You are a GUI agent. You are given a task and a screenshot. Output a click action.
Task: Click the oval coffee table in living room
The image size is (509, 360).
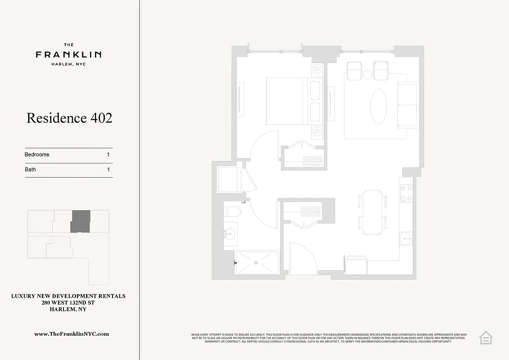point(378,106)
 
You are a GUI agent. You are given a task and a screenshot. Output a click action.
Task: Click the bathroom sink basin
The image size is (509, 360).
point(230,234)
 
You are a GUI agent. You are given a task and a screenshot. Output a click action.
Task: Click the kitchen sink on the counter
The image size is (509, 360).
point(406,238)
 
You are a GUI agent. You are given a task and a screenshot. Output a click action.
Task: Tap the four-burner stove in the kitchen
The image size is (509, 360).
point(406,193)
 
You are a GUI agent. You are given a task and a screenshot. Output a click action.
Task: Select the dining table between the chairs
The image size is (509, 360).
point(372,212)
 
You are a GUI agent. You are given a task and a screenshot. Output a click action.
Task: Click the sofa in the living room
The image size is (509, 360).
point(408,105)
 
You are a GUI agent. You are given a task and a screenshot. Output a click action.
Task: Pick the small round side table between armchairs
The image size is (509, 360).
point(368,74)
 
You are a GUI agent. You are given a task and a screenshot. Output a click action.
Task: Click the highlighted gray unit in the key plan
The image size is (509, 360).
point(81,221)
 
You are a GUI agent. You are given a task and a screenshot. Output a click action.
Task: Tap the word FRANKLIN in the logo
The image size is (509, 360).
point(68,54)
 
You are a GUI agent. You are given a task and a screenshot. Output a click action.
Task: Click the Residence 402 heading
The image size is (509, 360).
point(69,118)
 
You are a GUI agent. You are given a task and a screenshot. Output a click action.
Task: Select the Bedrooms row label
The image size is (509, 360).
point(37,154)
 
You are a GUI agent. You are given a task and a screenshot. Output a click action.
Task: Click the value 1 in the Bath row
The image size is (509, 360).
point(108,170)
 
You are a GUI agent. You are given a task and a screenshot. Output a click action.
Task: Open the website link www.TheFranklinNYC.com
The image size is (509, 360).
point(72,334)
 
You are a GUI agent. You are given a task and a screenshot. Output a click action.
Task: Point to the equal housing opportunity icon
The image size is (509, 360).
point(486,337)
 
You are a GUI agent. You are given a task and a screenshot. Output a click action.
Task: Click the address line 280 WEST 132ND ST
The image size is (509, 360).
point(68,303)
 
